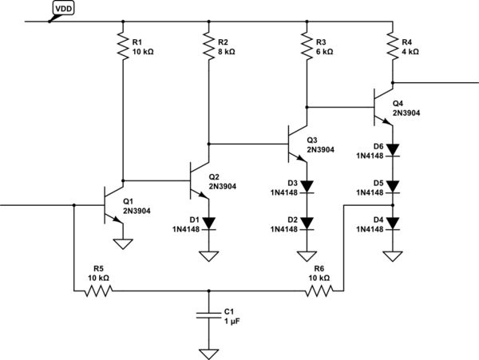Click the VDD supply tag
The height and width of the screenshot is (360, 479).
point(65,10)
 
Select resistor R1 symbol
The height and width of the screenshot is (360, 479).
point(123,45)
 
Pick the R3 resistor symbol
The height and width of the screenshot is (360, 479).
point(306,45)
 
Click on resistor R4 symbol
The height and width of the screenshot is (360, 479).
point(391,45)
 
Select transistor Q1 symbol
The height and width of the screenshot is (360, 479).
point(113,205)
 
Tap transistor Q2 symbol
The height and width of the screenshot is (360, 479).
point(200,180)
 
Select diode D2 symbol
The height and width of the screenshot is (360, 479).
point(306,224)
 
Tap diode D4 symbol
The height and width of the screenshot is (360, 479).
point(391,224)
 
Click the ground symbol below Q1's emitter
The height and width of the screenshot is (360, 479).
point(123,243)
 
